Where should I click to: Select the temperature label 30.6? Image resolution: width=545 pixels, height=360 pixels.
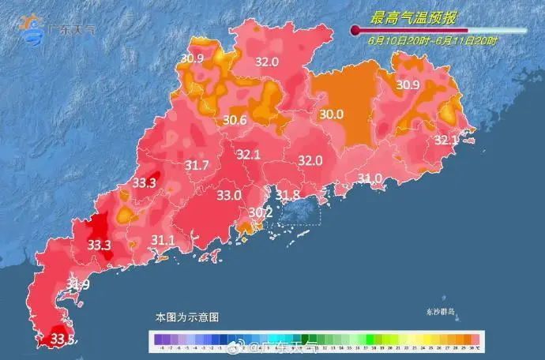pyautogui.click(x=235, y=120)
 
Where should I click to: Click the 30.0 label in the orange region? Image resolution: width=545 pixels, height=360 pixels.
pyautogui.click(x=331, y=114)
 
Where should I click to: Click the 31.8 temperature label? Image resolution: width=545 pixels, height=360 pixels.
pyautogui.click(x=287, y=194)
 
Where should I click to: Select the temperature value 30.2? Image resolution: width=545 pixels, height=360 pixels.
pyautogui.click(x=260, y=212)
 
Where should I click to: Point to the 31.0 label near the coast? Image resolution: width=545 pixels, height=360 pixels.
pyautogui.click(x=370, y=178)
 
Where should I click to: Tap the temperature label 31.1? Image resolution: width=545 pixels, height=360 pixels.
pyautogui.click(x=163, y=239)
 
